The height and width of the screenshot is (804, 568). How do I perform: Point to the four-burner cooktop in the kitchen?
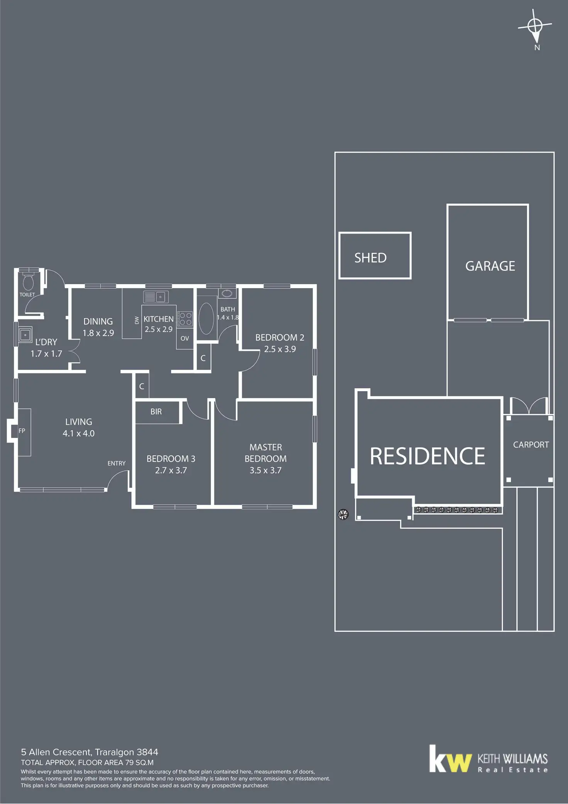tap(185, 319)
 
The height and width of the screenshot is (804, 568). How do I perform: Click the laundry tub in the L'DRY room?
tap(26, 335)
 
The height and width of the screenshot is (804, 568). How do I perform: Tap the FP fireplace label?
tap(22, 431)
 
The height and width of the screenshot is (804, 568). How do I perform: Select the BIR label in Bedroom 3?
tap(156, 412)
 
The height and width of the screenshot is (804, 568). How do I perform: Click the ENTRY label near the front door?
tap(117, 463)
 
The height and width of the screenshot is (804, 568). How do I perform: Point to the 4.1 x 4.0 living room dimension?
tap(78, 433)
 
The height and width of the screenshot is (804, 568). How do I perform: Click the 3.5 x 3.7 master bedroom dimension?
tap(265, 470)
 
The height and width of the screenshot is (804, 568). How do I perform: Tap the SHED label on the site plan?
tap(370, 258)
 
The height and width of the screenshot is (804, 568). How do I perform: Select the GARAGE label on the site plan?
tap(490, 266)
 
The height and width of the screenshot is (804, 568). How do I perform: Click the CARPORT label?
tap(531, 444)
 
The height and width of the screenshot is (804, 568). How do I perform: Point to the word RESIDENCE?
tap(427, 456)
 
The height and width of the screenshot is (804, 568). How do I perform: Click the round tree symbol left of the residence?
tap(343, 514)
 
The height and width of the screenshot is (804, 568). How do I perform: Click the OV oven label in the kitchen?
tap(185, 338)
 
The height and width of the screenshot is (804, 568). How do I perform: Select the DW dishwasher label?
tap(137, 320)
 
